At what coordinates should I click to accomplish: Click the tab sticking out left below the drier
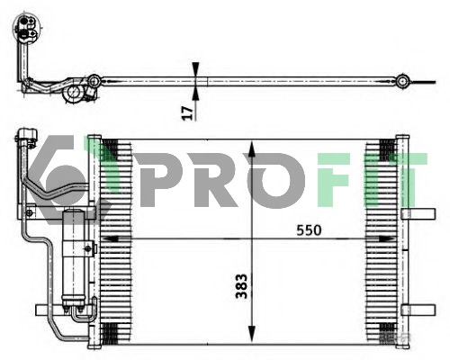point(44,310)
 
